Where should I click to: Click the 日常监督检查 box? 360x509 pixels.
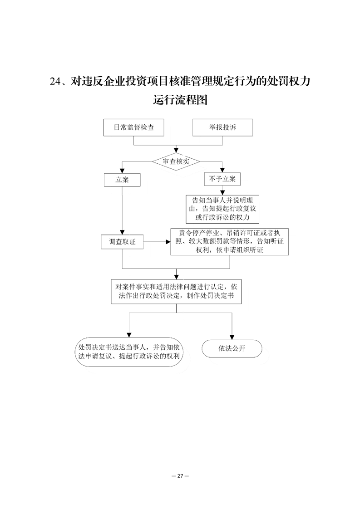pyautogui.click(x=133, y=127)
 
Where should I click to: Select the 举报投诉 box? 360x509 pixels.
pyautogui.click(x=222, y=127)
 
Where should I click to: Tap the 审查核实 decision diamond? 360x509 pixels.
pyautogui.click(x=176, y=161)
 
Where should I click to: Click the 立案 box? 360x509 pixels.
pyautogui.click(x=122, y=180)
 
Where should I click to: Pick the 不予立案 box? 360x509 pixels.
pyautogui.click(x=222, y=180)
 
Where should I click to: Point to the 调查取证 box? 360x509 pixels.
pyautogui.click(x=122, y=242)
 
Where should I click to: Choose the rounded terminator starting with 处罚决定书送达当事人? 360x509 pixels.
pyautogui.click(x=130, y=352)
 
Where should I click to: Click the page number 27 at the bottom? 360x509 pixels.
pyautogui.click(x=180, y=476)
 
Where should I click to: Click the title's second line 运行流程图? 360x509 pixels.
pyautogui.click(x=180, y=100)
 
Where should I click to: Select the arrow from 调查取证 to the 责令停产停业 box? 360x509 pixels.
pyautogui.click(x=157, y=242)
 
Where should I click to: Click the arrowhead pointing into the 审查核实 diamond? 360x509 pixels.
pyautogui.click(x=176, y=149)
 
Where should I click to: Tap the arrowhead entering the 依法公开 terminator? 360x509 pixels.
pyautogui.click(x=232, y=336)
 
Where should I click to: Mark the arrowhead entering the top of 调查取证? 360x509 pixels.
pyautogui.click(x=122, y=232)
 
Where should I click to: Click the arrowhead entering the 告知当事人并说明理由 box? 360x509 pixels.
pyautogui.click(x=222, y=192)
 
